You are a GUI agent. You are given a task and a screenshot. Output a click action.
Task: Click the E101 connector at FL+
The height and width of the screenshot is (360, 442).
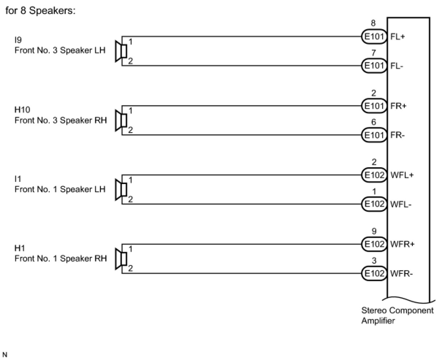pyautogui.click(x=373, y=37)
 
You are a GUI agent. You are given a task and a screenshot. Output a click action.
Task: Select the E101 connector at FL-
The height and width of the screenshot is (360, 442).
pyautogui.click(x=373, y=66)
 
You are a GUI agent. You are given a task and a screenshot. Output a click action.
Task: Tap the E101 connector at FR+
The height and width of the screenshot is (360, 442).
pyautogui.click(x=373, y=106)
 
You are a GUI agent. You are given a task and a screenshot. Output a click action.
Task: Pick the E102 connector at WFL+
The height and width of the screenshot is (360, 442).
pyautogui.click(x=373, y=175)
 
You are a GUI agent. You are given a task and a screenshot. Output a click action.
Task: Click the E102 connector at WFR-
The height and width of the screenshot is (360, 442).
pyautogui.click(x=373, y=273)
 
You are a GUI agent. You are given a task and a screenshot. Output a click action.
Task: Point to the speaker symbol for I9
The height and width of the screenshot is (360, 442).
pyautogui.click(x=121, y=51)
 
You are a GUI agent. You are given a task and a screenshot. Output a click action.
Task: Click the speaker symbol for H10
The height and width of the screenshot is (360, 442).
pyautogui.click(x=121, y=120)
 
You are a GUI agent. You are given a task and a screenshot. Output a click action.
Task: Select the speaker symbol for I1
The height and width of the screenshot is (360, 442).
pyautogui.click(x=121, y=189)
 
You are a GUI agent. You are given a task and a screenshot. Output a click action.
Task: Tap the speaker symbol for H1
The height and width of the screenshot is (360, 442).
pyautogui.click(x=121, y=259)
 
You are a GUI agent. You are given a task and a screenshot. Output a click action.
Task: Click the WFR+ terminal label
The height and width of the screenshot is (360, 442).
pyautogui.click(x=402, y=244)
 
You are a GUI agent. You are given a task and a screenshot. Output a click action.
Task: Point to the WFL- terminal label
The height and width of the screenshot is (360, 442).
pyautogui.click(x=401, y=204)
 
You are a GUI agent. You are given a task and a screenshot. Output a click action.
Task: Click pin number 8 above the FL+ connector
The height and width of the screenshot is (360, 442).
pyautogui.click(x=373, y=23)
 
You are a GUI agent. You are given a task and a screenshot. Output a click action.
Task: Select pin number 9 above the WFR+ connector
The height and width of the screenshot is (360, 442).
pyautogui.click(x=373, y=231)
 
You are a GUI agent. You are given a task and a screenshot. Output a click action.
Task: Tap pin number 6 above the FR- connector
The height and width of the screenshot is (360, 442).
pyautogui.click(x=373, y=123)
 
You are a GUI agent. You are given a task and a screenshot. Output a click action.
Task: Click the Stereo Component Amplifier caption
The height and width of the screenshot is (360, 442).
pyautogui.click(x=397, y=315)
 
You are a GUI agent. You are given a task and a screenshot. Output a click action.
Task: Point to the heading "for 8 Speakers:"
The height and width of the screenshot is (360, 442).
pyautogui.click(x=41, y=11)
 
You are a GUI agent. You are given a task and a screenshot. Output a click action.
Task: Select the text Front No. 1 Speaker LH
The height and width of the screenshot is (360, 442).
pyautogui.click(x=60, y=189)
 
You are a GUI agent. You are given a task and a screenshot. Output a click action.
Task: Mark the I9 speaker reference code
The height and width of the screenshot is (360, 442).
pyautogui.click(x=18, y=40)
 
